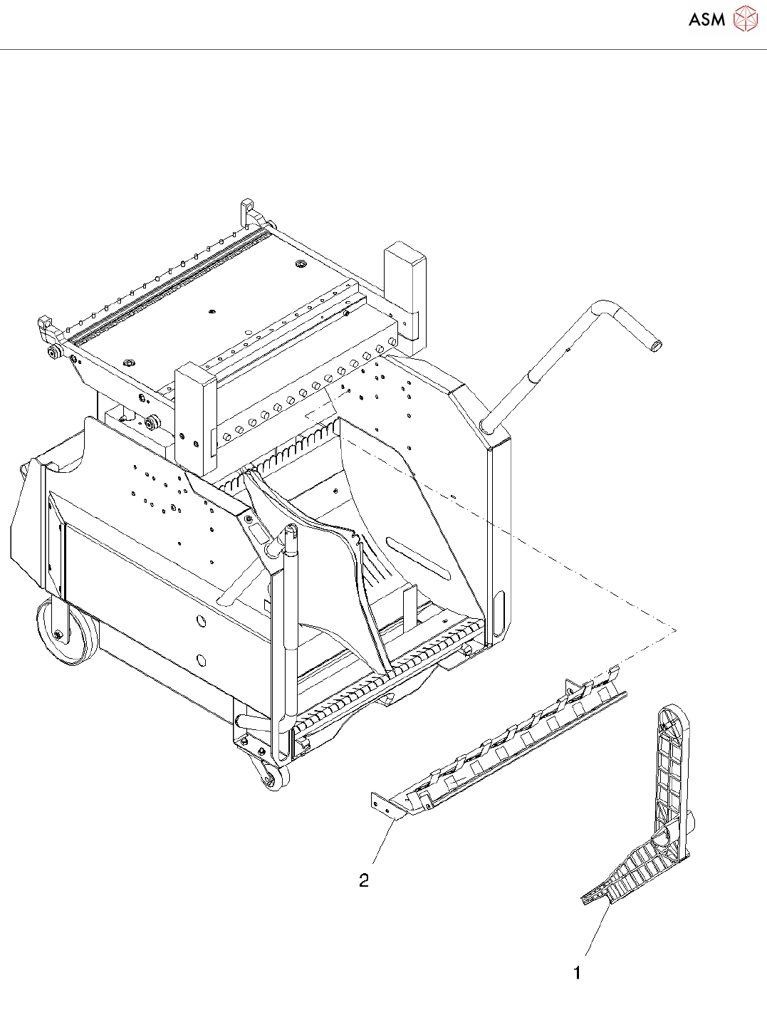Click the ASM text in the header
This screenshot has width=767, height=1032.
pos(706,20)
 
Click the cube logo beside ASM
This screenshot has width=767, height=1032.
pos(745,19)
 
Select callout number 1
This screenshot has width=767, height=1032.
pos(577,972)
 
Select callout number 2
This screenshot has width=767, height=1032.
pos(364,881)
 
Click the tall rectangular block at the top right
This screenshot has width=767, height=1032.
pos(405,288)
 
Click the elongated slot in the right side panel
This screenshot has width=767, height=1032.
pos(419,558)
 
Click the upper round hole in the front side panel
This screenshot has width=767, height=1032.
pos(202,622)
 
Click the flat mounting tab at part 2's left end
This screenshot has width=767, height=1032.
pos(381,805)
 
